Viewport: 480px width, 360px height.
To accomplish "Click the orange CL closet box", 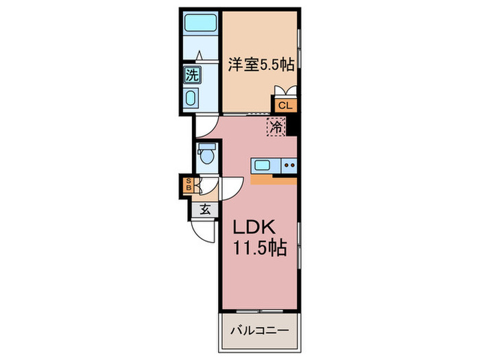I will click(285, 105).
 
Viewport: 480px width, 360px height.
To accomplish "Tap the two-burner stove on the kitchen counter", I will click(289, 165).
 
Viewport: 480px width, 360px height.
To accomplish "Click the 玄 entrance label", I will click(204, 210).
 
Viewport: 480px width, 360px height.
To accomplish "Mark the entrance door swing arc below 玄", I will click(204, 231).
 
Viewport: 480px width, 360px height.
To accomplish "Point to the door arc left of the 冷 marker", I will click(205, 126).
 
